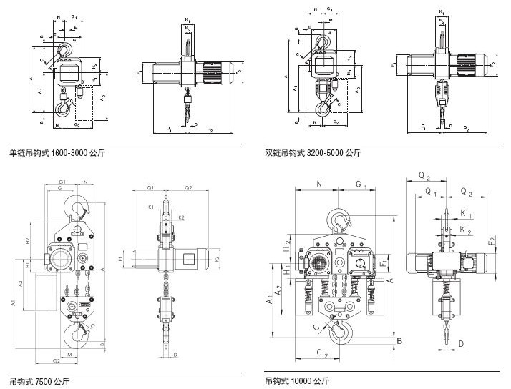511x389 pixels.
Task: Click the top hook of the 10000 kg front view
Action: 340,220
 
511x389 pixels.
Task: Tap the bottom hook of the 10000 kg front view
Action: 340,330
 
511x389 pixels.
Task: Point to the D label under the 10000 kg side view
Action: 462,345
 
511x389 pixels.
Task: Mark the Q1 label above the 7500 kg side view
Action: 151,187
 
